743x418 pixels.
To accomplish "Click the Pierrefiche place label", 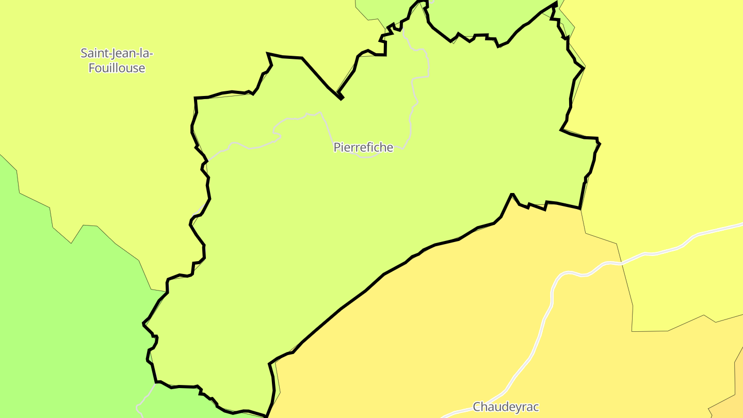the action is click(363, 148).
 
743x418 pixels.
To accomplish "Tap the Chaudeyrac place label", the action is click(506, 407).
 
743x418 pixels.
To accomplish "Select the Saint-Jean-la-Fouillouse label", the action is click(117, 60).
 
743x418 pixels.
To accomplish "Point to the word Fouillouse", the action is click(117, 68).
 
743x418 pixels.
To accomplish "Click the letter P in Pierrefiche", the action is click(337, 148).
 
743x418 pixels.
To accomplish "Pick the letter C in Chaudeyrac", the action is click(477, 407).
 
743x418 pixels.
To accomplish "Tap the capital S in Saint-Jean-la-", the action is click(84, 53).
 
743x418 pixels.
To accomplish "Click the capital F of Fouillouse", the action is click(92, 68).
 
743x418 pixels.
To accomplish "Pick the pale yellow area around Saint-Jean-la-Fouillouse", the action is click(103, 129).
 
